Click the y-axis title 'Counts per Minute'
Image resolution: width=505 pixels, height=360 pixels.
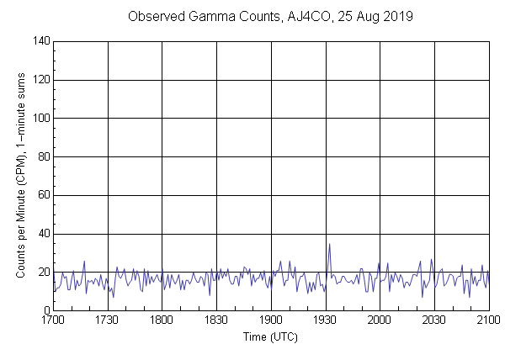[x=20, y=176]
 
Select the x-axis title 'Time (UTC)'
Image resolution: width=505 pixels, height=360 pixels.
[x=270, y=336]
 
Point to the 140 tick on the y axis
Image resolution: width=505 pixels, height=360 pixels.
[x=40, y=41]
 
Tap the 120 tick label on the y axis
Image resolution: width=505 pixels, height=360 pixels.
[x=40, y=80]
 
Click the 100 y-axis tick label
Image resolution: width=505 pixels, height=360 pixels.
[x=40, y=119]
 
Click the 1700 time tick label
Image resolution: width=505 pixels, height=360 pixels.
[x=53, y=320]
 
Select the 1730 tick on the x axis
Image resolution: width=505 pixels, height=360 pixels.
[x=108, y=320]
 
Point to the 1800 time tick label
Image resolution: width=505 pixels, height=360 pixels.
[x=162, y=320]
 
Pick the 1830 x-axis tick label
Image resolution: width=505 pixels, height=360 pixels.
[x=216, y=320]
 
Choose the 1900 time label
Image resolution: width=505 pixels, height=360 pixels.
[x=271, y=320]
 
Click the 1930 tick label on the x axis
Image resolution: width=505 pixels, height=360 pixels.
[x=325, y=320]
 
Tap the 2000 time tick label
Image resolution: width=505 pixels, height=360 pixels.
[x=380, y=320]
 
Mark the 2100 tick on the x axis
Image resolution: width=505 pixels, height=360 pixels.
[x=488, y=320]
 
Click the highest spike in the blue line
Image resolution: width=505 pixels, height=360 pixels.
[x=329, y=244]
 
